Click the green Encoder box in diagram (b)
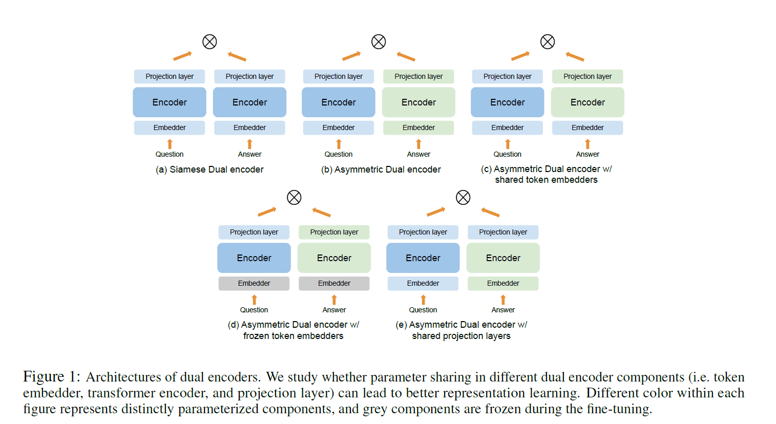click(418, 102)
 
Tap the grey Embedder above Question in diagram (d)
click(254, 283)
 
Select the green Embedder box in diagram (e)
click(503, 283)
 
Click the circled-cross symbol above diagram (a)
click(209, 41)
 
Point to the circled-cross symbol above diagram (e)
click(463, 197)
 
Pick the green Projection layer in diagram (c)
click(588, 76)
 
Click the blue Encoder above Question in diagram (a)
click(170, 102)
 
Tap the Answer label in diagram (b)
click(418, 154)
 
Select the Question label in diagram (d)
click(254, 310)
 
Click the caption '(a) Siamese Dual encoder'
click(209, 169)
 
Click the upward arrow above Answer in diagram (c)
click(588, 144)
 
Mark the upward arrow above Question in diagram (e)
click(423, 300)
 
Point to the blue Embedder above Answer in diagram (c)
click(588, 128)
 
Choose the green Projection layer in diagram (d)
click(334, 232)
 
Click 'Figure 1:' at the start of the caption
click(52, 377)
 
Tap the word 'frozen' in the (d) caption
click(257, 336)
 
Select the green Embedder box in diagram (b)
click(418, 128)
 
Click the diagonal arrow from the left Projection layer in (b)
click(351, 55)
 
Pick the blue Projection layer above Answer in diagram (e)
click(503, 232)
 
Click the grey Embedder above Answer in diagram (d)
click(334, 283)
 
